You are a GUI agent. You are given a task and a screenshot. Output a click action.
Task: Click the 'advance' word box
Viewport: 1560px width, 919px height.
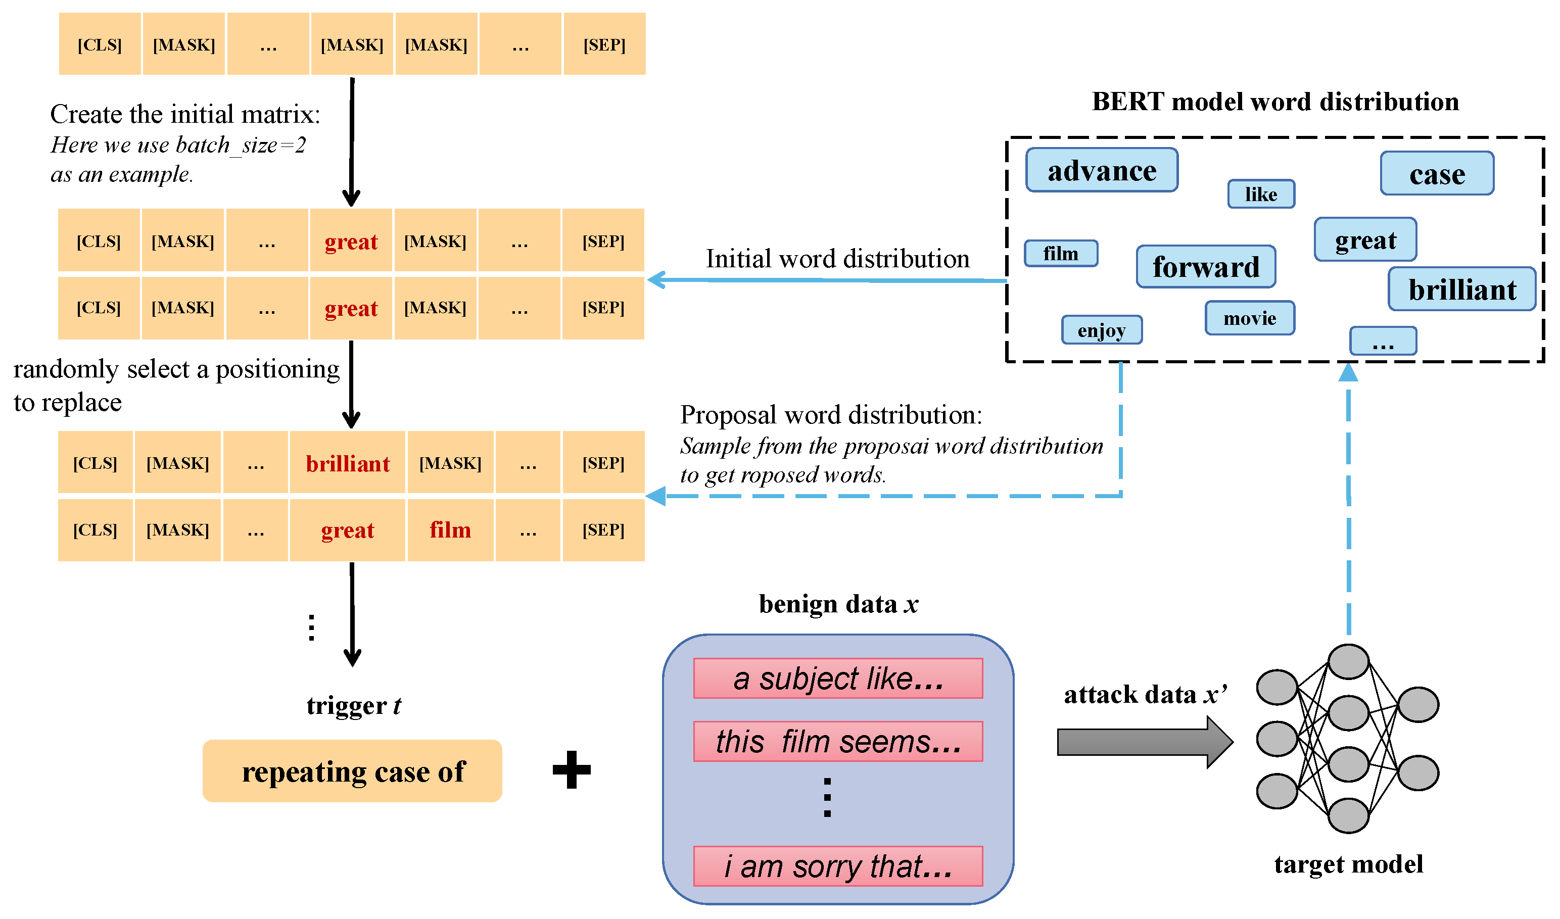(1101, 170)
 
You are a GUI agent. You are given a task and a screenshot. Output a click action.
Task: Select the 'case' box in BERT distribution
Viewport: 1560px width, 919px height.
(1437, 174)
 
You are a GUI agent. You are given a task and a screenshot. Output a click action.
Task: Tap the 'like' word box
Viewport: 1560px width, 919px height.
(1261, 195)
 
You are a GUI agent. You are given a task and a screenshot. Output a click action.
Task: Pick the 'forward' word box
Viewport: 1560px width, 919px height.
(1205, 267)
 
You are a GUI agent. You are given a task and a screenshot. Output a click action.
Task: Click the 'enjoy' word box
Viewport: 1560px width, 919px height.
(1101, 330)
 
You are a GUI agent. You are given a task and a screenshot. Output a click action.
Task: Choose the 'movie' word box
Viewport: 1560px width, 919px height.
(1249, 318)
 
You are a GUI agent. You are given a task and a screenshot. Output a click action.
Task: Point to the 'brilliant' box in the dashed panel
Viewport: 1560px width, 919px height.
(1461, 289)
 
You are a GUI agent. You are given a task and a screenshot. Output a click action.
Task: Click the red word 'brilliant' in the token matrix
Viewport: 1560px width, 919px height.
(347, 463)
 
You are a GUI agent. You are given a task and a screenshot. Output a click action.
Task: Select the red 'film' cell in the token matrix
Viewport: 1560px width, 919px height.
(450, 530)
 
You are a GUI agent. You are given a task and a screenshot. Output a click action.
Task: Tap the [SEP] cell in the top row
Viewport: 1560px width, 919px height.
(604, 44)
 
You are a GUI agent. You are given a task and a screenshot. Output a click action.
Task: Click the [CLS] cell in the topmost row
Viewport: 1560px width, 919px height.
(100, 44)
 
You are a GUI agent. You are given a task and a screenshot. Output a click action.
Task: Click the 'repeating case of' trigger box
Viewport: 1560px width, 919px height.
(352, 771)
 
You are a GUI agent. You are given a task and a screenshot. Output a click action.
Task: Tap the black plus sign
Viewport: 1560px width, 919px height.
(571, 770)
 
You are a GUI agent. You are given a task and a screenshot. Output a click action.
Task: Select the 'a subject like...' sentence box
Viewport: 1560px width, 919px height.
(838, 679)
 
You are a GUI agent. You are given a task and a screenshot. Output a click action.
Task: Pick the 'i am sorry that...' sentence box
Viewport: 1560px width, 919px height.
(838, 866)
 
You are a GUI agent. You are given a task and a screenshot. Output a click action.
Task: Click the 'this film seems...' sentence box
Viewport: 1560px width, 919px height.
(838, 741)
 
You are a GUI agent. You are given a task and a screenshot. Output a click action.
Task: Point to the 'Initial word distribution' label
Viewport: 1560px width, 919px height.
(837, 259)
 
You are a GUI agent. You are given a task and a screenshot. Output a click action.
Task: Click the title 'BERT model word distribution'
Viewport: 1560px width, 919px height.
(1274, 102)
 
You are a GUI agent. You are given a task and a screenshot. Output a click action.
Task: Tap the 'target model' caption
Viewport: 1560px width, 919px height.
(1348, 864)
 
